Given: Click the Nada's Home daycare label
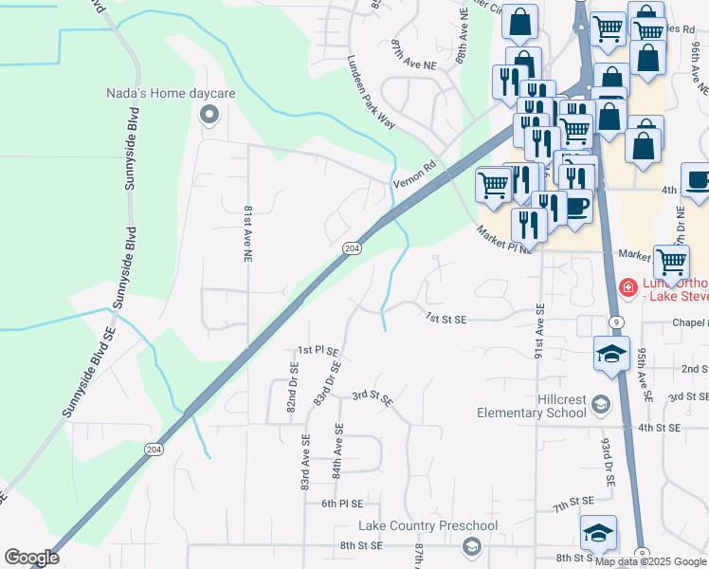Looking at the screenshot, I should pos(171,94).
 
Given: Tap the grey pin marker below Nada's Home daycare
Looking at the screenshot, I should pos(209,115).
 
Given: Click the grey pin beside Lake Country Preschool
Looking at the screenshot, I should pos(471,545).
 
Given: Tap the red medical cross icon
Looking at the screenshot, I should pos(627,286).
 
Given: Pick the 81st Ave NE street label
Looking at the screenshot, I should pos(247,232).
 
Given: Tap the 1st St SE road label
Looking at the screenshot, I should pos(446,319).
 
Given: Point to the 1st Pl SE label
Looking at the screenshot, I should pos(318,350).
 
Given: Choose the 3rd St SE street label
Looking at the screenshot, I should pos(373,397).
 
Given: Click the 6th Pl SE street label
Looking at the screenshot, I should pos(342,504).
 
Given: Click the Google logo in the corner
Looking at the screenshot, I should pos(31,558).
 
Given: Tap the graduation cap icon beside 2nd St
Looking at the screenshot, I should pos(611,355).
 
